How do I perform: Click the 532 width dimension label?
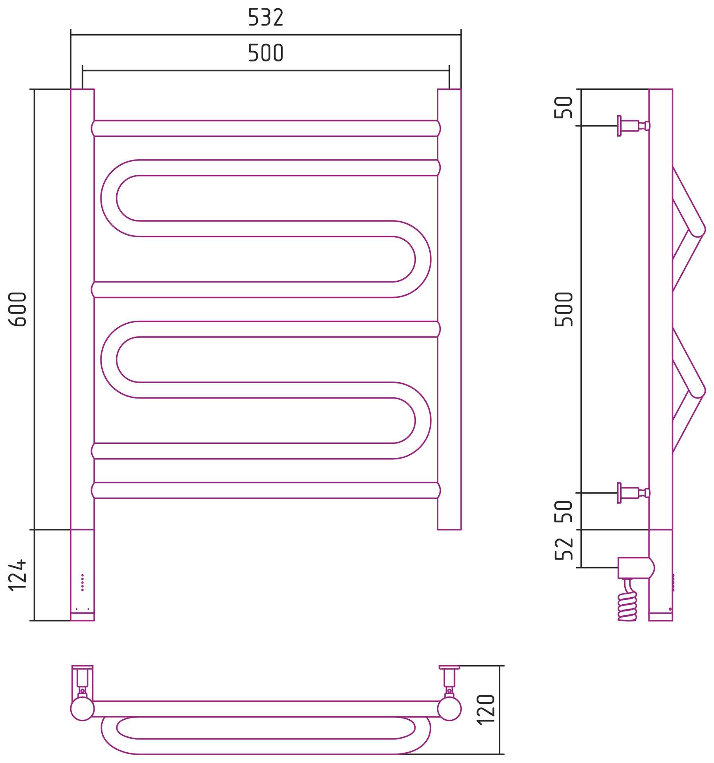pyautogui.click(x=266, y=17)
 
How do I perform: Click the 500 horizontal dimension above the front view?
pyautogui.click(x=266, y=53)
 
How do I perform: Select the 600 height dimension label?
pyautogui.click(x=17, y=309)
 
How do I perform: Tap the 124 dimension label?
pyautogui.click(x=17, y=575)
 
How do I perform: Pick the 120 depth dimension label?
pyautogui.click(x=486, y=710)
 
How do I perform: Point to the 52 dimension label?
pyautogui.click(x=564, y=549)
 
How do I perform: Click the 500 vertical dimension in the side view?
pyautogui.click(x=564, y=309)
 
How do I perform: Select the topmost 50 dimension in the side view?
pyautogui.click(x=564, y=107)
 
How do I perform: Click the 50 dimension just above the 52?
pyautogui.click(x=564, y=511)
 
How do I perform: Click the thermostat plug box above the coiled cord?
pyautogui.click(x=636, y=568)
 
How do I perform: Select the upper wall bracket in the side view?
pyautogui.click(x=633, y=126)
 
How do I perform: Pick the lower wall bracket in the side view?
pyautogui.click(x=633, y=493)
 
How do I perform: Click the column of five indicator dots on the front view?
pyautogui.click(x=82, y=582)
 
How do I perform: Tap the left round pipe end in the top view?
pyautogui.click(x=82, y=709)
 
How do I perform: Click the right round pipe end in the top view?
pyautogui.click(x=449, y=709)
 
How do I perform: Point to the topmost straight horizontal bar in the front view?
pyautogui.click(x=266, y=128)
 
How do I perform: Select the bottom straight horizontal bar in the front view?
pyautogui.click(x=266, y=490)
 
